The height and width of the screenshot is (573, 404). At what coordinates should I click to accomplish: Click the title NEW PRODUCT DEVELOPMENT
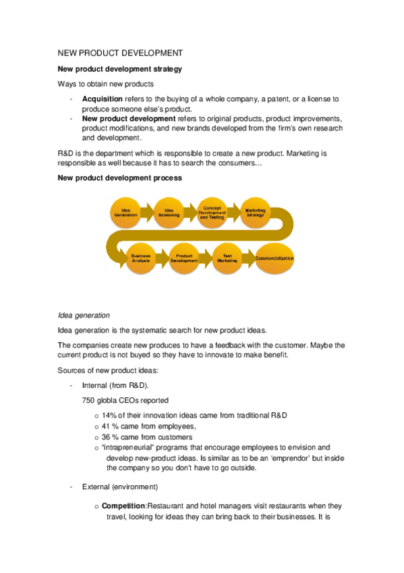pyautogui.click(x=120, y=52)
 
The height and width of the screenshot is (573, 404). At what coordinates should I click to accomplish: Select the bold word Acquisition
pyautogui.click(x=103, y=99)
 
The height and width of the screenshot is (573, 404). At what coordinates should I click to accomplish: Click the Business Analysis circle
pyautogui.click(x=141, y=259)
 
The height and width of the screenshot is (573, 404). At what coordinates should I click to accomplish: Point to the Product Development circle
pyautogui.click(x=184, y=259)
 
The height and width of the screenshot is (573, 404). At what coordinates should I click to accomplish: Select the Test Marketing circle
pyautogui.click(x=227, y=259)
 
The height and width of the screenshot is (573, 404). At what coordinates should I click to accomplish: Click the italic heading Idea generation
pyautogui.click(x=84, y=314)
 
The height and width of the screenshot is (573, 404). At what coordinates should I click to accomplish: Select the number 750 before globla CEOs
pyautogui.click(x=88, y=400)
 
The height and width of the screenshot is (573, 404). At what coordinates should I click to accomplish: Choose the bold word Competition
pyautogui.click(x=123, y=505)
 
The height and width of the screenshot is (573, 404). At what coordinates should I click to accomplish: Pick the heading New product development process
pyautogui.click(x=119, y=178)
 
